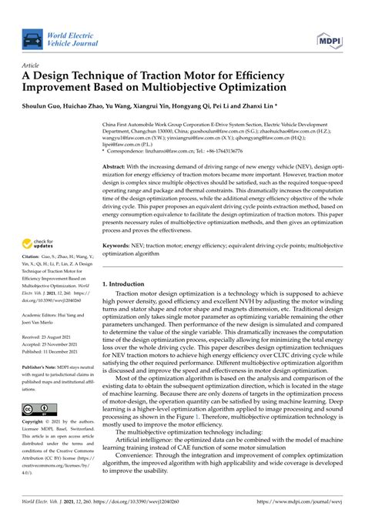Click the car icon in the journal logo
pos(32,39)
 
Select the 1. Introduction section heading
pos(129,283)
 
